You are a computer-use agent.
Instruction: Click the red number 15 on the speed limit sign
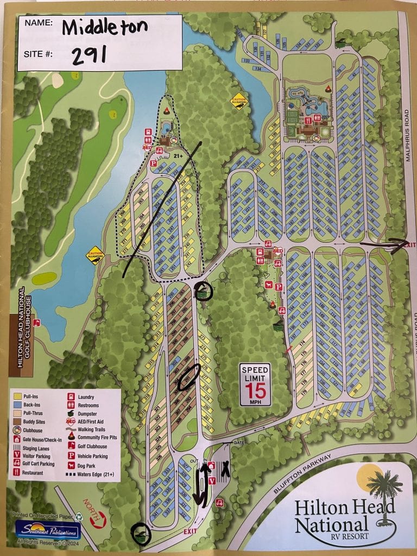click(x=255, y=390)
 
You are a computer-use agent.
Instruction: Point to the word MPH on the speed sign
click(x=255, y=403)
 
